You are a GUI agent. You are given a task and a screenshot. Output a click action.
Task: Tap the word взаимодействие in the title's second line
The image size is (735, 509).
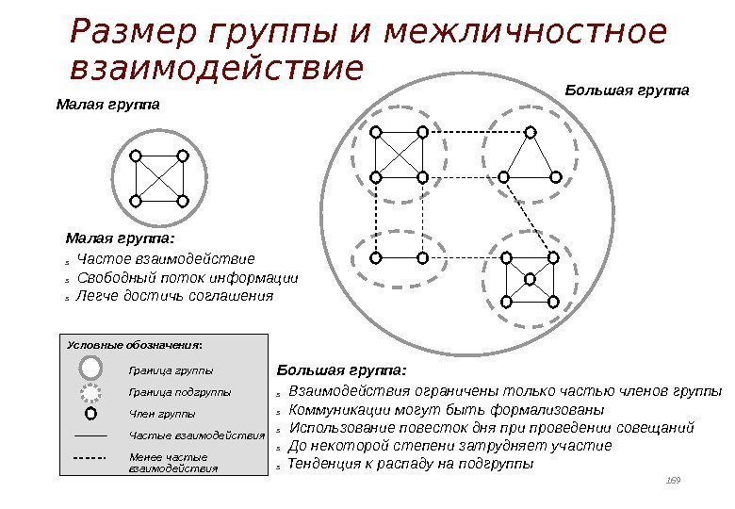pos(216,70)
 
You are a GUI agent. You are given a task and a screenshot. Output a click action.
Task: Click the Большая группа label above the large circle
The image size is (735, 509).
pos(627,90)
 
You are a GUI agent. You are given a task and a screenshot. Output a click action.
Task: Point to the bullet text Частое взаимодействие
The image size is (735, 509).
pos(166,258)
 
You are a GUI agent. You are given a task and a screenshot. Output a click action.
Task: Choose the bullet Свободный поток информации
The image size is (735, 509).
pos(187,278)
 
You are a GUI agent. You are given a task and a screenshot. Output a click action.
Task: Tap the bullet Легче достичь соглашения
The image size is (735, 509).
pos(174,296)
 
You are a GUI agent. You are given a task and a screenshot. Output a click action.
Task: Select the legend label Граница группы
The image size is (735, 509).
pos(171,370)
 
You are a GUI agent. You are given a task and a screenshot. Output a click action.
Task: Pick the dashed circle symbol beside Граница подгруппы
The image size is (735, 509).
pos(90,390)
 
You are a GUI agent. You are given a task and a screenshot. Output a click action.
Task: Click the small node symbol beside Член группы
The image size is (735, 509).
pos(90,413)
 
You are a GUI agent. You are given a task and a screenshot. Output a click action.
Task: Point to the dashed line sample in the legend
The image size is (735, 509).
pos(90,459)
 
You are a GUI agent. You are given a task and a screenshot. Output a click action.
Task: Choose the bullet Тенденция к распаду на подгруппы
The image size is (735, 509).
pos(410,465)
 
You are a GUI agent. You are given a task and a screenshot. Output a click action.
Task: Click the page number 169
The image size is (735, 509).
pos(673,482)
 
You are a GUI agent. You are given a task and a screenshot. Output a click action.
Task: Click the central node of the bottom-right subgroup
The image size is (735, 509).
pos(530,279)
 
